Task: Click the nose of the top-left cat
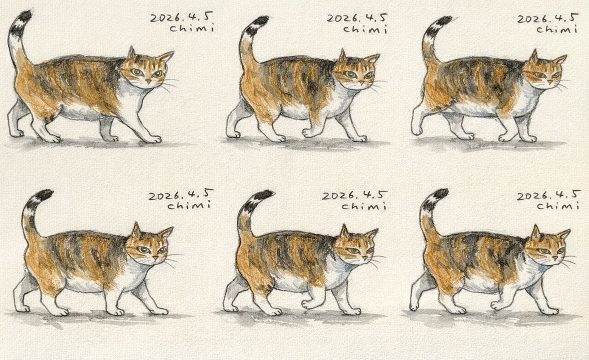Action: pos(149,81)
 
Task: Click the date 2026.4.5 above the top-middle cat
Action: pos(357,18)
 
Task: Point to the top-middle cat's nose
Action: pos(362,83)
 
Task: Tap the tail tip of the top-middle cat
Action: pos(261,21)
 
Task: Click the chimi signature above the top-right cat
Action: pos(557,29)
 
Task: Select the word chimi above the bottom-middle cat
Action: pos(364,206)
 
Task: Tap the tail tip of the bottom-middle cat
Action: pos(265,195)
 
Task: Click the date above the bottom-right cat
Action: pos(548,195)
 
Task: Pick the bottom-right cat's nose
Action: pos(555,258)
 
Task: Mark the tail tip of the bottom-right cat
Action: pos(441,193)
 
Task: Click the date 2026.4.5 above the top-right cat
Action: pos(548,18)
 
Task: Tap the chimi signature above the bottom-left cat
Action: pos(189,205)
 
